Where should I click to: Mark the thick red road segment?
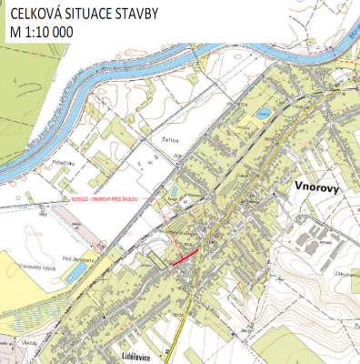185,258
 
